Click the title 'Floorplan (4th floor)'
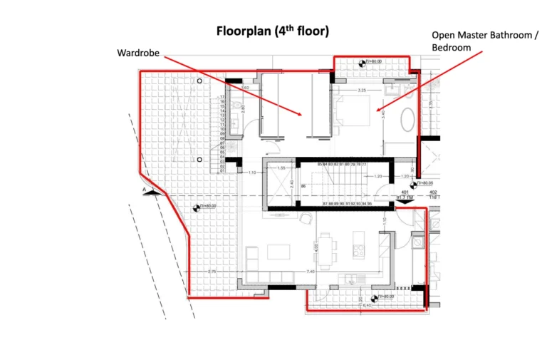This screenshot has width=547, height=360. click(x=273, y=31)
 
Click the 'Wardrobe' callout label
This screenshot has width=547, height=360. click(x=137, y=52)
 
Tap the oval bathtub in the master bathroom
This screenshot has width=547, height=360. click(x=410, y=119)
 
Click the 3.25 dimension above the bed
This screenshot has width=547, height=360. click(x=361, y=91)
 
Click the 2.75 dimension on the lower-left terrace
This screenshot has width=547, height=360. click(x=212, y=272)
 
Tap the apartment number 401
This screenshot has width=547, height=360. click(x=405, y=192)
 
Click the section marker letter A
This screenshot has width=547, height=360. click(x=145, y=190)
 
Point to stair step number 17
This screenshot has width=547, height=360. click(x=222, y=96)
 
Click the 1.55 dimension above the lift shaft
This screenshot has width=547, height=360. click(x=281, y=168)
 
